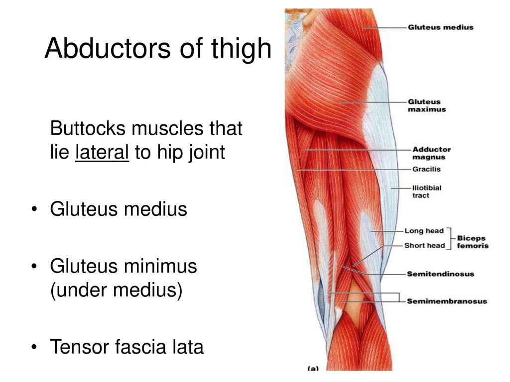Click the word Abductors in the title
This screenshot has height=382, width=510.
coord(108,48)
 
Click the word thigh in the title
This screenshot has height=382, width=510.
coord(241,49)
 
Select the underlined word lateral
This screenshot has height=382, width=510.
coord(102,152)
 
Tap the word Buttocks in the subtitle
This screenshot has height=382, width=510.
coord(88,128)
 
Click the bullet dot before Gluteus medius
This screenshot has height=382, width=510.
coord(34,209)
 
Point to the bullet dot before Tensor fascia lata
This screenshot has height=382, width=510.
coord(34,347)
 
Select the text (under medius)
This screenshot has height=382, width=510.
coord(116,290)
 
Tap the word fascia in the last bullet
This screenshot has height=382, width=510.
coord(139,346)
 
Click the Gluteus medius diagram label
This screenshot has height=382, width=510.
coord(440,27)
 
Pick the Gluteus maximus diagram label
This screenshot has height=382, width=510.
coord(426,105)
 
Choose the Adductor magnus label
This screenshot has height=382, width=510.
coord(431,153)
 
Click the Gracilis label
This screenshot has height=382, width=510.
coord(426,169)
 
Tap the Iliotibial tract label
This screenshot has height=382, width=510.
coord(427,191)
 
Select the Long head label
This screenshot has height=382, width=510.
coord(424,231)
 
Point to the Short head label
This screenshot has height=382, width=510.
coord(424,246)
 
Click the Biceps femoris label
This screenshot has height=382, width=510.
coord(472,242)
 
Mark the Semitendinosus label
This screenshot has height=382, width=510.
coord(440,274)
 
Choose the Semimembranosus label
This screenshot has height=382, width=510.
coord(447,301)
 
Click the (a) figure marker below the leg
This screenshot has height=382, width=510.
coord(313,369)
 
